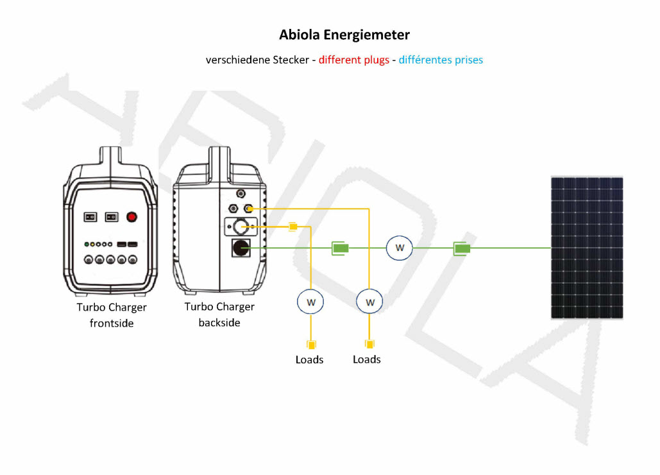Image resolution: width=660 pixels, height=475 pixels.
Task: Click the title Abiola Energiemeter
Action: click(344, 35)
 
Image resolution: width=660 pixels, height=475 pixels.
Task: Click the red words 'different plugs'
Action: click(354, 60)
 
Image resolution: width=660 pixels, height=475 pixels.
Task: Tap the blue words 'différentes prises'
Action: click(441, 60)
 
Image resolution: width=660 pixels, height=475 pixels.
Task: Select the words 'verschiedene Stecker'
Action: click(258, 60)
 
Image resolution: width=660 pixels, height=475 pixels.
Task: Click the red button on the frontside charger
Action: click(131, 217)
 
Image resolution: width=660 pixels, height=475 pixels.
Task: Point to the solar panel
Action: click(587, 248)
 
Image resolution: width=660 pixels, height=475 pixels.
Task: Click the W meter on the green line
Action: click(400, 248)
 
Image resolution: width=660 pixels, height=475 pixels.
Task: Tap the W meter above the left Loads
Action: click(310, 302)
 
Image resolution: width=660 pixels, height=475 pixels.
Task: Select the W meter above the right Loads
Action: click(369, 302)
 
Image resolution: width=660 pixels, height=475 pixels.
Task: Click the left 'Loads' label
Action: click(309, 359)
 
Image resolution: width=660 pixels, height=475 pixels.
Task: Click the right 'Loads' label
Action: click(367, 359)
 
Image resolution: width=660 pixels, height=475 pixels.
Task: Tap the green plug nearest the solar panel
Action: click(462, 248)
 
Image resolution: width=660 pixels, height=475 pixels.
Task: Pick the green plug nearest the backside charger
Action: click(340, 248)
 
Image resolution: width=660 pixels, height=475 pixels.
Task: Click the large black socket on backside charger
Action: click(241, 248)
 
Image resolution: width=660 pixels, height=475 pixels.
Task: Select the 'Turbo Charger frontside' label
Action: click(112, 315)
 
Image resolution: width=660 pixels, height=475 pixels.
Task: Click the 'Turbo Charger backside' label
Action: click(219, 315)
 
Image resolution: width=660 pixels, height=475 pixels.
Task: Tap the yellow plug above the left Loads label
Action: click(311, 345)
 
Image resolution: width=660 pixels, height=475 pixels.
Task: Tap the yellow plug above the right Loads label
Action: click(369, 345)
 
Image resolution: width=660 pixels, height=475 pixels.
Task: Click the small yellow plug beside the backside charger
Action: click(293, 227)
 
